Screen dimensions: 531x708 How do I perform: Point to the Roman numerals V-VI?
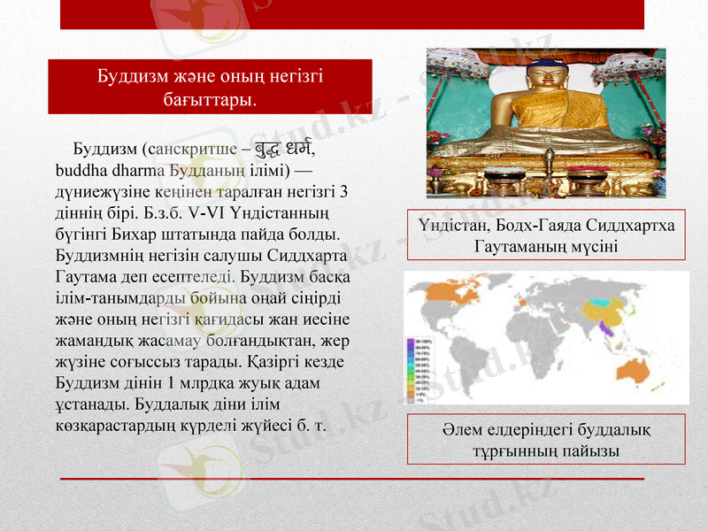click(x=206, y=212)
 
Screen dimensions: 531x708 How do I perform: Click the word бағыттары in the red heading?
click(x=209, y=98)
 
